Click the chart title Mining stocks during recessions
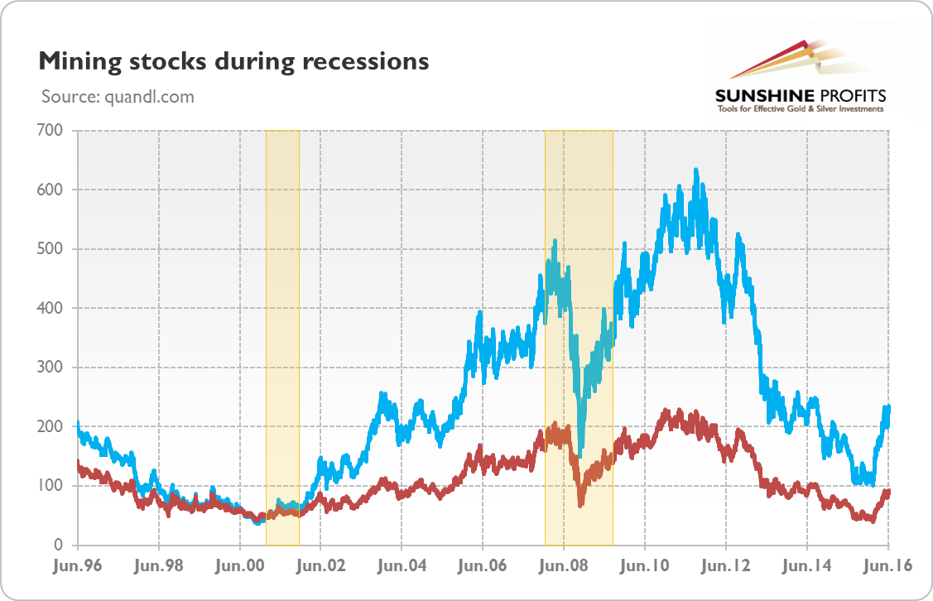[233, 61]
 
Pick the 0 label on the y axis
[60, 545]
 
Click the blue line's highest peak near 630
[695, 171]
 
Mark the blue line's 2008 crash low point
[580, 454]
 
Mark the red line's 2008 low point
[580, 504]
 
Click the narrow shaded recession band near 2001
[282, 331]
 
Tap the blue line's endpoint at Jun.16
[888, 407]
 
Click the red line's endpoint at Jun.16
[888, 492]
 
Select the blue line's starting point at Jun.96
[78, 425]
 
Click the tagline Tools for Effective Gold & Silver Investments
[800, 108]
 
